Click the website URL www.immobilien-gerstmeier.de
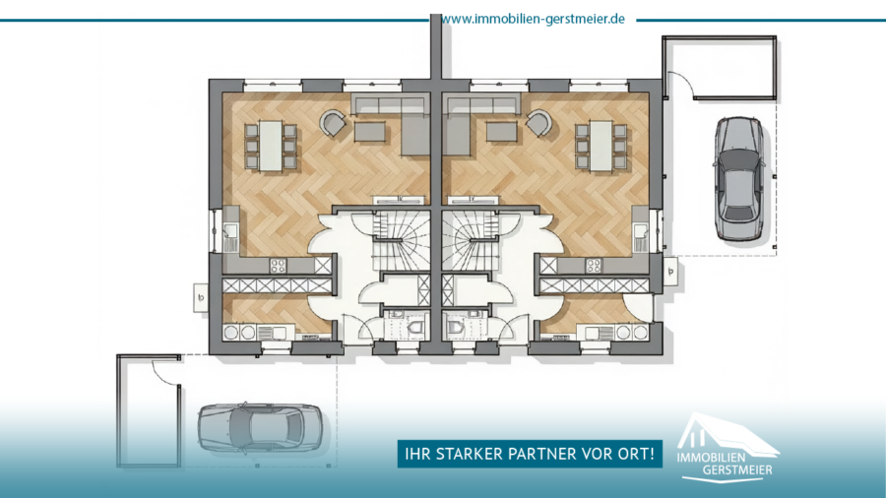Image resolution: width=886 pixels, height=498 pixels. (533, 20)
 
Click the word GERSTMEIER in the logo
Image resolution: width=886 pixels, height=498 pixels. (737, 469)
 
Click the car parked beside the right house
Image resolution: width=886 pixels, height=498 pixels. (739, 179)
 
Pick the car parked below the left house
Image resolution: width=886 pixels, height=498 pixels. (260, 427)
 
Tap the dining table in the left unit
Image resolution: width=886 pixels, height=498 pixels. (271, 146)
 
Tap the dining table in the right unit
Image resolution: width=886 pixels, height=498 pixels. (601, 146)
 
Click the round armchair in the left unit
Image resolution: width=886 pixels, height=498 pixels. (333, 122)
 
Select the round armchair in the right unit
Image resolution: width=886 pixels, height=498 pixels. (539, 122)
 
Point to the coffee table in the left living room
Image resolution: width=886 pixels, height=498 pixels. (370, 132)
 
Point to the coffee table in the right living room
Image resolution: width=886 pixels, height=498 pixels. (502, 132)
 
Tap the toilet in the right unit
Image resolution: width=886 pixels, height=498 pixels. (455, 327)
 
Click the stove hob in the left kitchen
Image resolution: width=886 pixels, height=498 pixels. (278, 266)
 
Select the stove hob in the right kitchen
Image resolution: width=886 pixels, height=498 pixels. (594, 266)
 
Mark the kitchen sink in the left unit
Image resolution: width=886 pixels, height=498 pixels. (230, 231)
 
